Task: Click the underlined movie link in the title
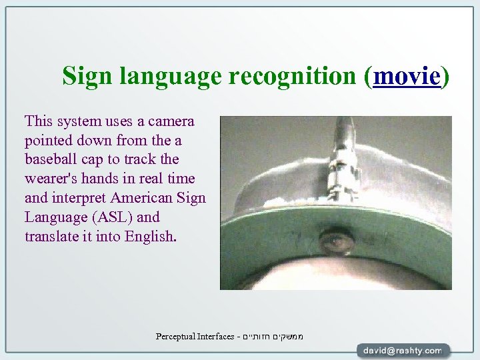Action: [x=407, y=77]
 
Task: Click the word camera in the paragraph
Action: [x=171, y=121]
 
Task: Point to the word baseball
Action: [x=51, y=160]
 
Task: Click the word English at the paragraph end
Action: [x=151, y=237]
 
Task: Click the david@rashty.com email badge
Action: [x=403, y=350]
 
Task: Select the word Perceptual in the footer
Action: [x=177, y=336]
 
